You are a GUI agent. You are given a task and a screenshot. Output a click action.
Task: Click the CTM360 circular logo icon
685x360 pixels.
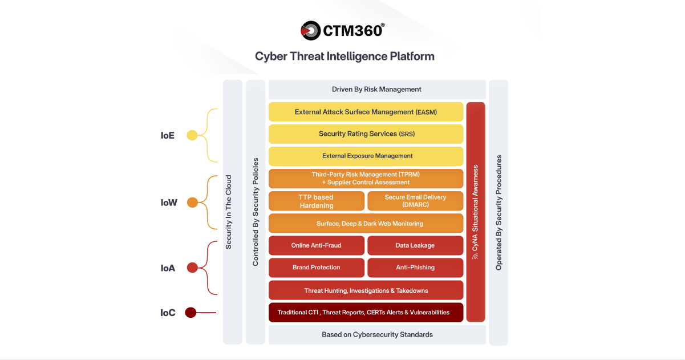click(x=310, y=31)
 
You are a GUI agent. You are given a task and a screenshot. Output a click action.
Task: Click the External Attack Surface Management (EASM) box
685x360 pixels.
click(x=366, y=112)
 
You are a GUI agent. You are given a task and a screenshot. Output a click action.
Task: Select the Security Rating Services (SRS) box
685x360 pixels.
click(x=366, y=134)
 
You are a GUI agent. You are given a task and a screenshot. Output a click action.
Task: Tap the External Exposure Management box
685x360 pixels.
click(x=366, y=156)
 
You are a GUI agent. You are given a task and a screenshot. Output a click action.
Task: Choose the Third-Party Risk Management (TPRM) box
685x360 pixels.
click(x=366, y=179)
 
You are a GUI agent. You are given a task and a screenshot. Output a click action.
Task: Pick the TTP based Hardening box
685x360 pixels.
click(x=317, y=201)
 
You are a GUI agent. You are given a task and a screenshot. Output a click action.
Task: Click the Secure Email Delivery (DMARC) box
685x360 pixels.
click(x=415, y=201)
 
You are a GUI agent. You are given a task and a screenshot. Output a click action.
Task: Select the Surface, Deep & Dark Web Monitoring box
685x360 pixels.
click(x=366, y=223)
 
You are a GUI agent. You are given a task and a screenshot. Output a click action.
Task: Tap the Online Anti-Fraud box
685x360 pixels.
click(x=317, y=245)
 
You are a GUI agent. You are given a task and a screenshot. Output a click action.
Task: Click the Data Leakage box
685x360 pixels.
click(x=415, y=245)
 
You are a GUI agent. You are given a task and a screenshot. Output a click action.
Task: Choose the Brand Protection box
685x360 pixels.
click(x=317, y=268)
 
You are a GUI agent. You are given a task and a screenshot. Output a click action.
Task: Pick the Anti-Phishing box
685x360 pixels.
click(x=415, y=268)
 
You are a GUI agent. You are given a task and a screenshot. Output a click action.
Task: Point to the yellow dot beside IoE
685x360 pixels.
click(x=192, y=135)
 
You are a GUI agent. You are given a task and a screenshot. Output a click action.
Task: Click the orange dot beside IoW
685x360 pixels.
click(x=192, y=203)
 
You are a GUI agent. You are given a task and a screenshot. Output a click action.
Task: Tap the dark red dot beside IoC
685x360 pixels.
click(x=190, y=313)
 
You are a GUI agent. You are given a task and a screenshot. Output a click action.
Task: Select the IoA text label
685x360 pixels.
click(x=168, y=268)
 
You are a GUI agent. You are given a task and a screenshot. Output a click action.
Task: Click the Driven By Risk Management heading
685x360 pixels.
click(x=376, y=90)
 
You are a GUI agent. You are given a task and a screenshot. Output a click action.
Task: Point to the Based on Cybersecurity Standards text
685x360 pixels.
click(x=377, y=335)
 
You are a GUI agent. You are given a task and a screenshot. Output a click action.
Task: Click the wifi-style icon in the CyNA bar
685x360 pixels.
click(x=475, y=257)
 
